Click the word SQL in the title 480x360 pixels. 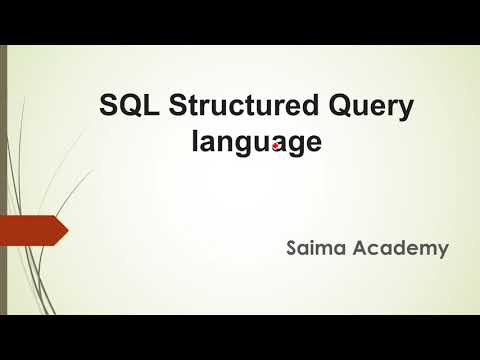coord(123,106)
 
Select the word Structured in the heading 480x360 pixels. coord(221,106)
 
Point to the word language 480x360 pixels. coord(256,142)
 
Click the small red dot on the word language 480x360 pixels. coord(274,145)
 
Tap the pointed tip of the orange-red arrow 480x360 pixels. coord(66,231)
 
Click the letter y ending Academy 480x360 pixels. coord(441,250)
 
